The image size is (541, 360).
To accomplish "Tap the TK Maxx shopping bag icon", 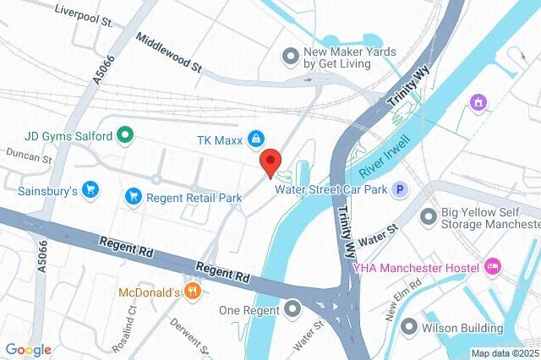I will [x=254, y=139].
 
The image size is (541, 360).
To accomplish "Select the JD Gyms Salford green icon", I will [x=126, y=134].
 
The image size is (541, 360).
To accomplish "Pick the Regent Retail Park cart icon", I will [x=133, y=197].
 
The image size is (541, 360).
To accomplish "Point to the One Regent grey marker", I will [x=292, y=308].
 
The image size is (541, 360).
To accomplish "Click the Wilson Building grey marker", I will [x=410, y=326].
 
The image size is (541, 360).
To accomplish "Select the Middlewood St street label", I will [x=169, y=52].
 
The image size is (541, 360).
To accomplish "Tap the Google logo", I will [x=28, y=350].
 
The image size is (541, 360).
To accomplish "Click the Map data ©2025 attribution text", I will [x=505, y=353].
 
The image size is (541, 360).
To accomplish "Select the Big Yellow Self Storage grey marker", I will [x=429, y=216].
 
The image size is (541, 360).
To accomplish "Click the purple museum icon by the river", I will [x=478, y=102].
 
